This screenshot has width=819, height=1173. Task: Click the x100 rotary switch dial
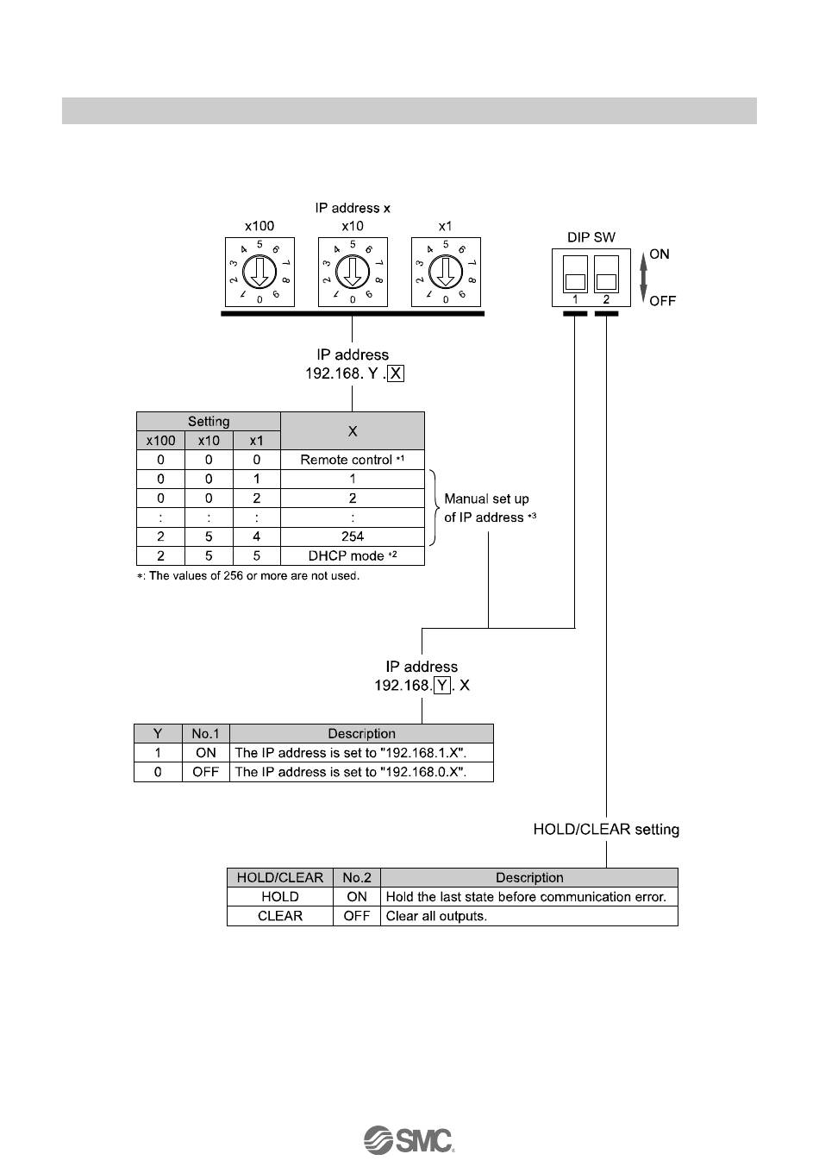point(259,273)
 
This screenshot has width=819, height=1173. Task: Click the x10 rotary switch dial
point(352,273)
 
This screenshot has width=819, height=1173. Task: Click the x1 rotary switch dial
point(445,273)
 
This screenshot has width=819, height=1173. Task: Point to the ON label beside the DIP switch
point(660,254)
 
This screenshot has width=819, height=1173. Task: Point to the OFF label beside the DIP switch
point(662,301)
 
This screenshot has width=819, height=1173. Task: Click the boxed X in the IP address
point(396,374)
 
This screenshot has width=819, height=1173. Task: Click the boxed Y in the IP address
point(442,686)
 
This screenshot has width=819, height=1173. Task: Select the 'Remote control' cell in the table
point(352,460)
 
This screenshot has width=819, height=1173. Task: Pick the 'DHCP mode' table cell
point(352,555)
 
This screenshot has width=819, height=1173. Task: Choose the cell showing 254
point(352,536)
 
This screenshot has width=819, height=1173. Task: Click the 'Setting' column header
point(209,422)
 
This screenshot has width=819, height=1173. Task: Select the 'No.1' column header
point(205,734)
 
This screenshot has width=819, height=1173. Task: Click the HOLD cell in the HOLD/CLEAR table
point(279,897)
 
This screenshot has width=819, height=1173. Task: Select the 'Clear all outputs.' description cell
point(528,916)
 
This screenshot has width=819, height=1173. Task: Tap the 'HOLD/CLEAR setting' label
point(606,830)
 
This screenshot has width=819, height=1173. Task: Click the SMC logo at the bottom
point(409,1139)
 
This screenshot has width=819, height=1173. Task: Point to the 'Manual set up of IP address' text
point(487,508)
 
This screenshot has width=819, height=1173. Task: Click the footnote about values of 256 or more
point(248,576)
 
